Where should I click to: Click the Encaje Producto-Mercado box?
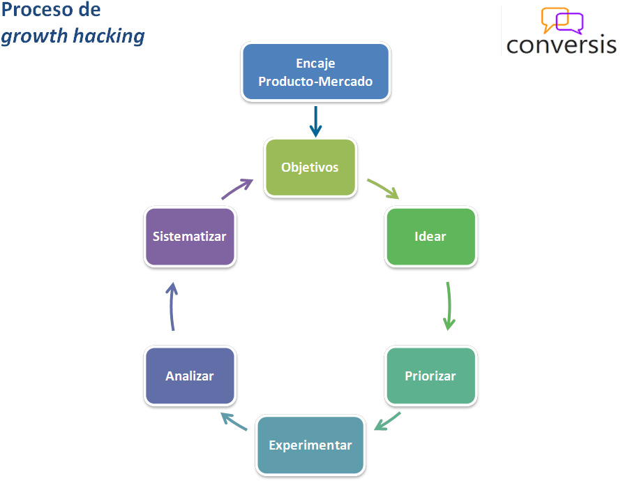(x=315, y=73)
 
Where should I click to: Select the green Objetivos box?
(x=310, y=168)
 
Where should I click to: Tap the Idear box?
(x=430, y=237)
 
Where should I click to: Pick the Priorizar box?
(x=430, y=376)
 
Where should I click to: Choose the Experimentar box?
(x=310, y=445)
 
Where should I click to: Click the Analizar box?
(x=190, y=376)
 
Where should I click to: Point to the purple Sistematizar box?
(x=190, y=237)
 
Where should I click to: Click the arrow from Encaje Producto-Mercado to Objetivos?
(x=316, y=121)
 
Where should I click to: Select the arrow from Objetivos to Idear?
(x=383, y=189)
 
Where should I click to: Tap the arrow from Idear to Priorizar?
(x=449, y=306)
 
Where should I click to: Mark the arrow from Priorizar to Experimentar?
(x=387, y=422)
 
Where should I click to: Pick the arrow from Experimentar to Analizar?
(x=234, y=421)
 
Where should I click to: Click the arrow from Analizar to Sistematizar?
(x=172, y=306)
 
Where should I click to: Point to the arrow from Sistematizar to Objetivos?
(x=237, y=189)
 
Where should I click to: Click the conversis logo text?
(x=561, y=44)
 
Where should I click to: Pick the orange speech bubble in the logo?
(x=554, y=20)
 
